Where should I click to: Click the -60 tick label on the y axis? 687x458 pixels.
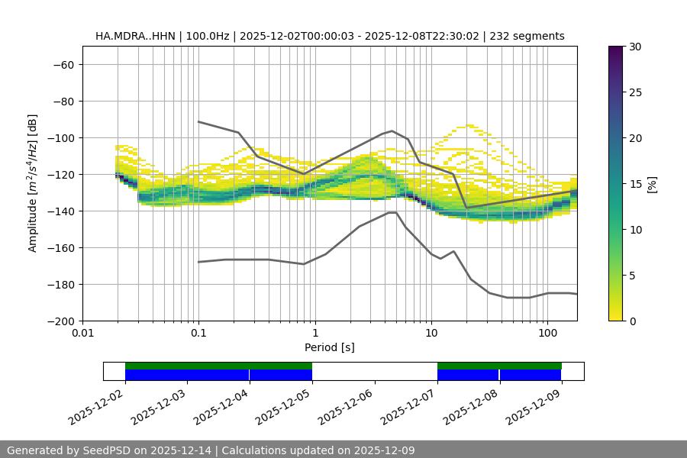pos(63,64)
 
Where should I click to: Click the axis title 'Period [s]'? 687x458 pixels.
pos(329,347)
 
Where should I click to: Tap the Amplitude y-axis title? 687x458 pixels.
pos(33,183)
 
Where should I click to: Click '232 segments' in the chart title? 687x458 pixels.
pos(527,36)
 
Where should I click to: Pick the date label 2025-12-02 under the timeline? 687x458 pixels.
pos(96,405)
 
